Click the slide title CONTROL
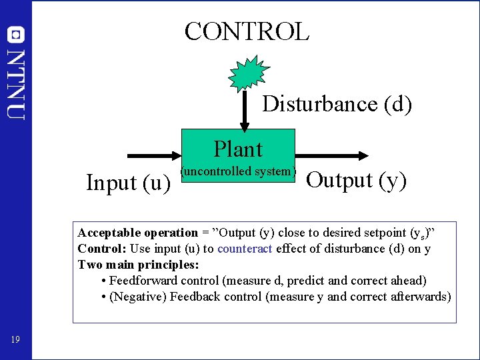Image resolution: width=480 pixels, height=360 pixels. click(x=247, y=31)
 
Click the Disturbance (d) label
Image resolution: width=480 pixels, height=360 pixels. click(x=337, y=104)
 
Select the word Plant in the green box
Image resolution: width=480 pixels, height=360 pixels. click(x=238, y=149)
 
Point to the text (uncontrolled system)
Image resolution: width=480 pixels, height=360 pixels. click(x=238, y=171)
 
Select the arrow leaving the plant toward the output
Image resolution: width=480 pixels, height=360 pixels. click(x=331, y=155)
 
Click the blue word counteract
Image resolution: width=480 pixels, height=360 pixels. click(x=245, y=249)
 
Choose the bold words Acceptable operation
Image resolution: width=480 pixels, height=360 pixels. click(x=137, y=233)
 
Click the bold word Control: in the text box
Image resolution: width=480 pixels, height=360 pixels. click(x=102, y=249)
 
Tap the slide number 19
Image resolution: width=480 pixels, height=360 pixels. click(x=15, y=341)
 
